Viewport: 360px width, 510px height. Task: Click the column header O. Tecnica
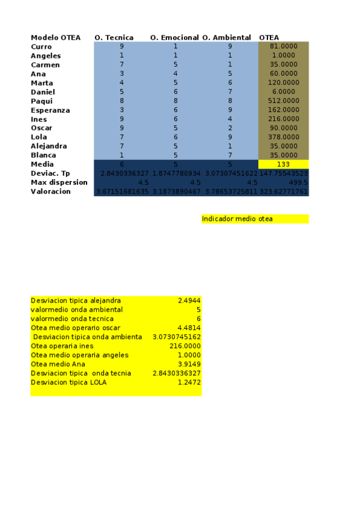(x=114, y=37)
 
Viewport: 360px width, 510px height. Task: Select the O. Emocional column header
(x=174, y=37)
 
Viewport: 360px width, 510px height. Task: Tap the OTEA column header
(x=269, y=37)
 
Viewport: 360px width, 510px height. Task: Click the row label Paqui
(x=41, y=101)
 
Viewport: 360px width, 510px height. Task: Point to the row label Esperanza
(x=50, y=110)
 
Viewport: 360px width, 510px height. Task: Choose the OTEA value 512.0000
(x=284, y=101)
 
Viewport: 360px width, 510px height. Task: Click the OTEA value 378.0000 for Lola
(x=284, y=137)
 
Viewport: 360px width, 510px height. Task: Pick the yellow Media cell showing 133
(x=284, y=164)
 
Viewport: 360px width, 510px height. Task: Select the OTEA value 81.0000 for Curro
(x=284, y=46)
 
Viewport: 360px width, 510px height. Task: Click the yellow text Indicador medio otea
(x=237, y=219)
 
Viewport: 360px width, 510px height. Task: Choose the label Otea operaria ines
(x=62, y=346)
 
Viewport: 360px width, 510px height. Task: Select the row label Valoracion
(x=50, y=191)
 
